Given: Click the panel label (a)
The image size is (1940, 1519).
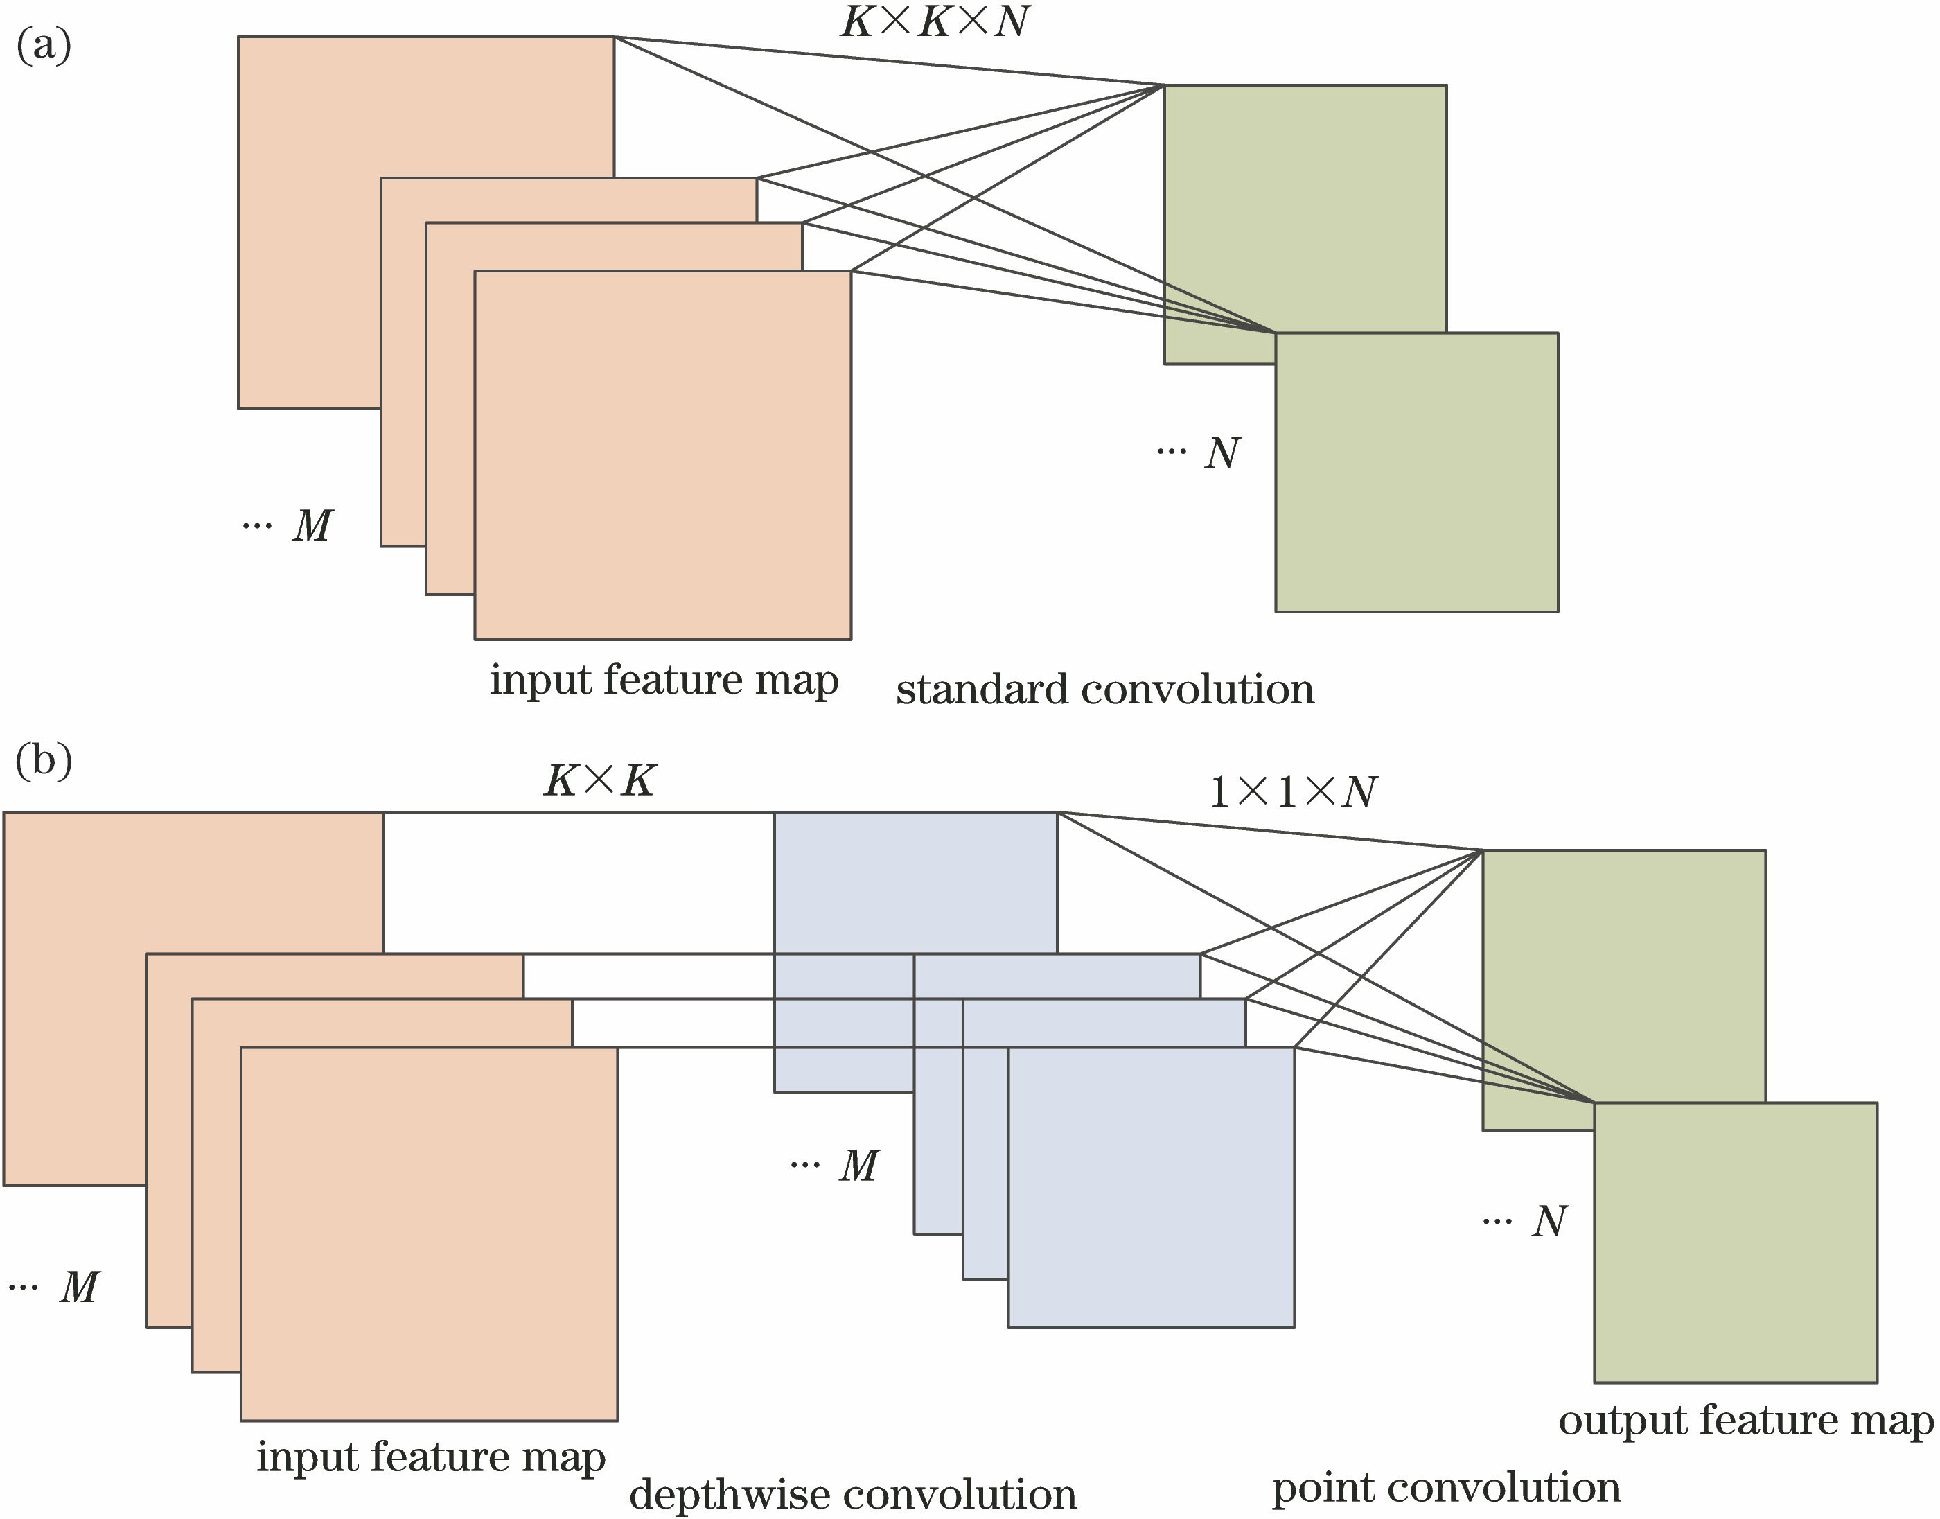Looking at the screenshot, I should (x=44, y=44).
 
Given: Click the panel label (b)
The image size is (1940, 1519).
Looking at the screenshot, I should (x=44, y=760).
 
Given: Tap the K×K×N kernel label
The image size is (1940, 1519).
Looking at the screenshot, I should (x=935, y=21).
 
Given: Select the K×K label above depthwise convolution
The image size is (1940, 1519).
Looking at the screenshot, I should (x=599, y=781).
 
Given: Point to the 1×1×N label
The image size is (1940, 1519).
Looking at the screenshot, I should (x=1294, y=791).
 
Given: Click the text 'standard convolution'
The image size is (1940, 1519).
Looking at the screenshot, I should (x=1105, y=690).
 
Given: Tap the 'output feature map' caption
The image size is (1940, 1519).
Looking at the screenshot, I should (x=1745, y=1421).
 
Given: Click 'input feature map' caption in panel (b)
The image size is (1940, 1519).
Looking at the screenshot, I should (x=431, y=1457).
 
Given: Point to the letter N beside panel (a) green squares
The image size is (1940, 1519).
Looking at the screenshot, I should (x=1222, y=454).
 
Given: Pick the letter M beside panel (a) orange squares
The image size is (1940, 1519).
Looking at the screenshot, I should (x=312, y=525).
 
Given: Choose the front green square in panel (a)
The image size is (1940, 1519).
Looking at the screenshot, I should (x=1416, y=472).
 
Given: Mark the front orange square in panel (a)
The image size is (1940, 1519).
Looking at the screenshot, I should (x=662, y=455).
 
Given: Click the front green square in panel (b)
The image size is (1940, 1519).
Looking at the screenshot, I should (x=1735, y=1242).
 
